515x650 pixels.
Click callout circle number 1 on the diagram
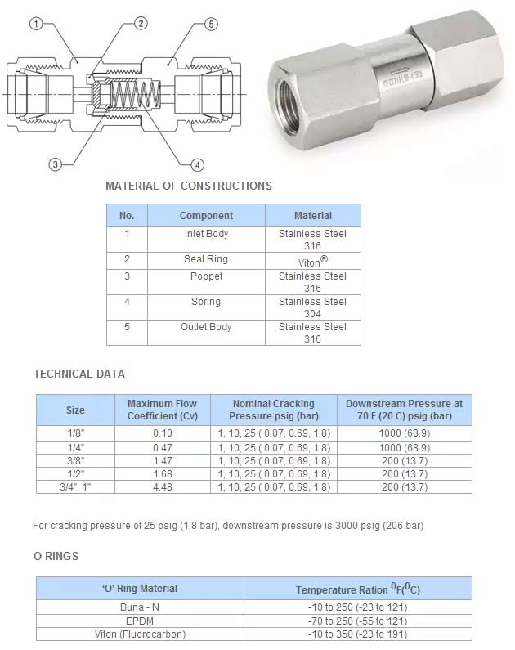click(36, 24)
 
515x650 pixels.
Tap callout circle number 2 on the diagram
click(141, 23)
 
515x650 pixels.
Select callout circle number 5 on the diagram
click(211, 24)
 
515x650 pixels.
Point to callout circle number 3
click(56, 165)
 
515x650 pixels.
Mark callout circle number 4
click(197, 164)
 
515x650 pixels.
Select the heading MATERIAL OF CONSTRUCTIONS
click(189, 186)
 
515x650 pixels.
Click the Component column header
click(206, 216)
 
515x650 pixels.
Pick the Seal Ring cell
click(206, 259)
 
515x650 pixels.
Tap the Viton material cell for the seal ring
click(312, 262)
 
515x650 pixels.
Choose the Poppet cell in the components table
click(206, 276)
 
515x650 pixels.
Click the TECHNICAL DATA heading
click(79, 374)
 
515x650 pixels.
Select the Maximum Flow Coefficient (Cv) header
click(163, 410)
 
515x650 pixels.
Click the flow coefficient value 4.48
click(163, 487)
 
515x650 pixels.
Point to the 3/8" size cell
click(75, 461)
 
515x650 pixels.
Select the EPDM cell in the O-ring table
click(139, 621)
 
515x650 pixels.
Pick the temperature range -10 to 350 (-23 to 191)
click(358, 634)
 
